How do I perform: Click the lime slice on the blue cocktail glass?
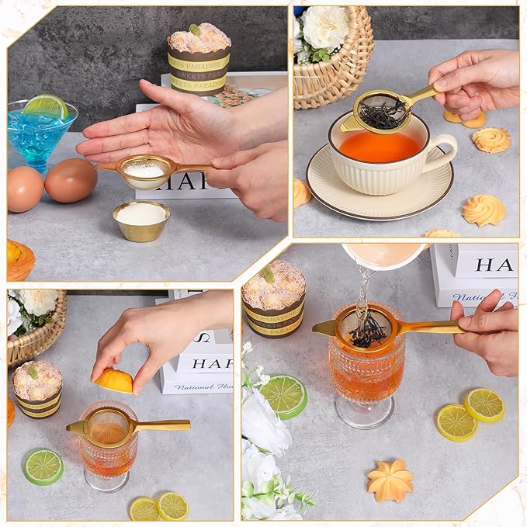pyautogui.click(x=46, y=106)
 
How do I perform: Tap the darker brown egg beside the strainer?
pyautogui.click(x=71, y=180)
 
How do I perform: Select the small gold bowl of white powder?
pyautogui.click(x=140, y=220)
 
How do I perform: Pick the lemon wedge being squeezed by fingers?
pyautogui.click(x=114, y=380)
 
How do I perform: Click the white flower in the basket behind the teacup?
pyautogui.click(x=325, y=27)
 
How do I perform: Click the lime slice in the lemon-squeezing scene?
pyautogui.click(x=43, y=467)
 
